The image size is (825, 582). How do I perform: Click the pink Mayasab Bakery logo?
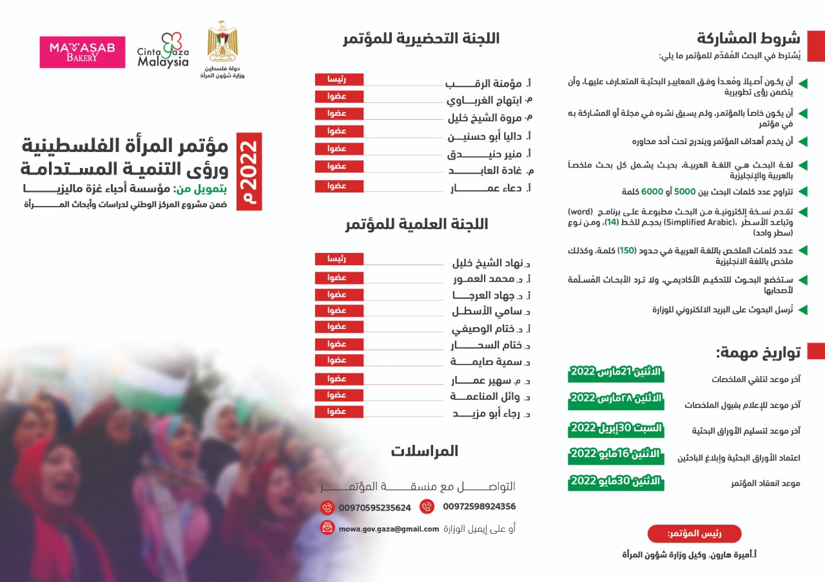(x=82, y=52)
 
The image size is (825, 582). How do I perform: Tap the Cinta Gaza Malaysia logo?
(x=163, y=51)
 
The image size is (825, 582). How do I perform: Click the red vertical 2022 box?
(x=249, y=171)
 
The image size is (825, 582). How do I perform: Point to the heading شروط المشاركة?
(x=748, y=37)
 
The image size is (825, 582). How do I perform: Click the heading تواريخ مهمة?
(x=758, y=352)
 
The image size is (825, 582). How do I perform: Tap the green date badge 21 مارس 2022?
(x=616, y=373)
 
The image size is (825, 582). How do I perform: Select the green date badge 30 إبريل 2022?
(x=616, y=428)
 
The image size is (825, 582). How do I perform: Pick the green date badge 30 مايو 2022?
(x=616, y=481)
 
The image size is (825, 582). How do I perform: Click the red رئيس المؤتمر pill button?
(x=694, y=534)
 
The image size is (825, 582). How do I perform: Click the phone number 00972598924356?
(x=479, y=507)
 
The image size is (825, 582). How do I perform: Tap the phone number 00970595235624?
(x=375, y=507)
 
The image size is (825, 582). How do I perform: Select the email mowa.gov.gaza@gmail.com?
(x=389, y=529)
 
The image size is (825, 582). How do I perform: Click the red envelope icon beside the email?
(x=327, y=528)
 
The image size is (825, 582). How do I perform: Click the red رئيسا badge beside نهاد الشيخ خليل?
(x=339, y=259)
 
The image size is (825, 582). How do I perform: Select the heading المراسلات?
(x=424, y=451)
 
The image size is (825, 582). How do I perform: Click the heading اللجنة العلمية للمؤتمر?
(x=416, y=224)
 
